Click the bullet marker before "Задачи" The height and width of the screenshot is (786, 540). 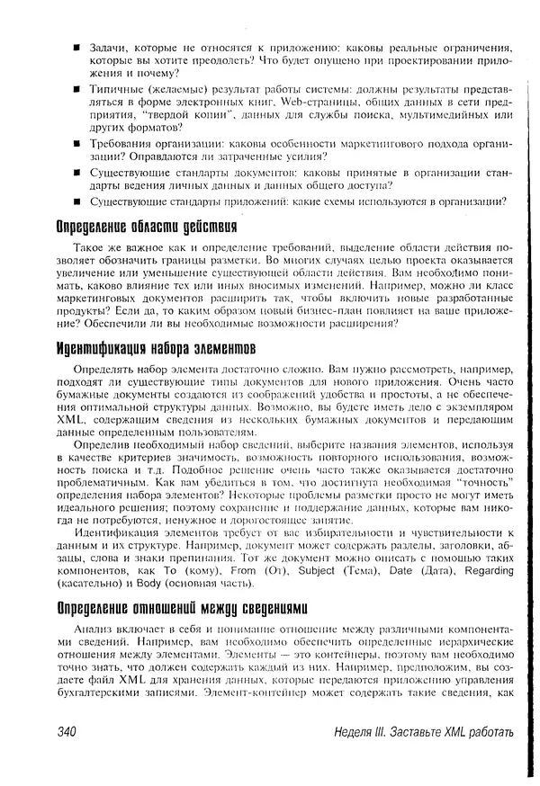(79, 46)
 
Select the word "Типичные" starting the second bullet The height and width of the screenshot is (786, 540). (114, 90)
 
